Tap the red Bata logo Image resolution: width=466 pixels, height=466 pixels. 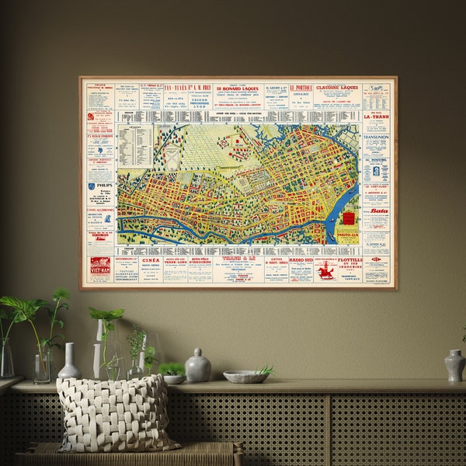[378, 210]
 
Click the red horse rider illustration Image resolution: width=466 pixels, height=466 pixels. [326, 270]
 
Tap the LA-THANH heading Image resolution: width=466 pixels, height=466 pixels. [377, 117]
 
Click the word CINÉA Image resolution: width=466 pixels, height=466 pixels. [151, 261]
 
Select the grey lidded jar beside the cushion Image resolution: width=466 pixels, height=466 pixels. [198, 366]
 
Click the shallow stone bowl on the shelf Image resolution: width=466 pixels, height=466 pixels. [245, 376]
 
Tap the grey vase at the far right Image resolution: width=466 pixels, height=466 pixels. [454, 365]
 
